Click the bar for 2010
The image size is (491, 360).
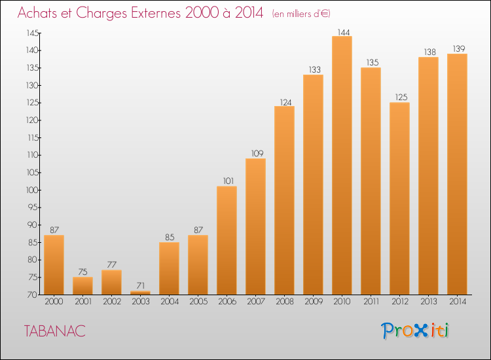(x=342, y=166)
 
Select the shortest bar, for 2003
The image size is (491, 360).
(x=140, y=293)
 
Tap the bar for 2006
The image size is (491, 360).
(x=227, y=240)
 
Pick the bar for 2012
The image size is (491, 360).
(x=399, y=198)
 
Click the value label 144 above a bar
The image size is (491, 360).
(x=344, y=32)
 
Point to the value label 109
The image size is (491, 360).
(x=257, y=153)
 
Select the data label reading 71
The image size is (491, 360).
(x=141, y=286)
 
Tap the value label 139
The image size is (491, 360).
(x=459, y=49)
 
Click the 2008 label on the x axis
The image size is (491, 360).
(x=285, y=302)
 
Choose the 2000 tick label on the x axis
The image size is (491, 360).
(x=54, y=302)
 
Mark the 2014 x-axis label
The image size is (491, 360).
(x=458, y=302)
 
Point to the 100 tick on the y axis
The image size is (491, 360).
(x=32, y=190)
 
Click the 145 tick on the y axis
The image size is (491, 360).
(x=33, y=33)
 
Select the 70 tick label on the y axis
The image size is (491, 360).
(x=33, y=295)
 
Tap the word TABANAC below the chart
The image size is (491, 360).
(x=55, y=331)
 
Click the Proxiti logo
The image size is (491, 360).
(x=415, y=331)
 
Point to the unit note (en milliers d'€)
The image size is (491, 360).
(x=301, y=14)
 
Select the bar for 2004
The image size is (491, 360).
(x=169, y=268)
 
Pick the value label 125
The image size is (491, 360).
(x=401, y=98)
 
